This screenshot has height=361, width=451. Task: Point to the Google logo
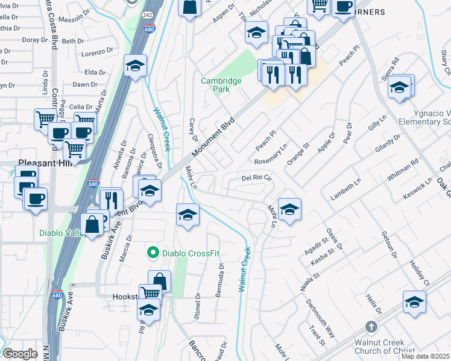(20, 354)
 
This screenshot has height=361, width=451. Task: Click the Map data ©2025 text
(425, 356)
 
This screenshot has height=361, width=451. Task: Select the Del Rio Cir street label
(257, 178)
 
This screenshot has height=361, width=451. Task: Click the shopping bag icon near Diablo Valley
(92, 225)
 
